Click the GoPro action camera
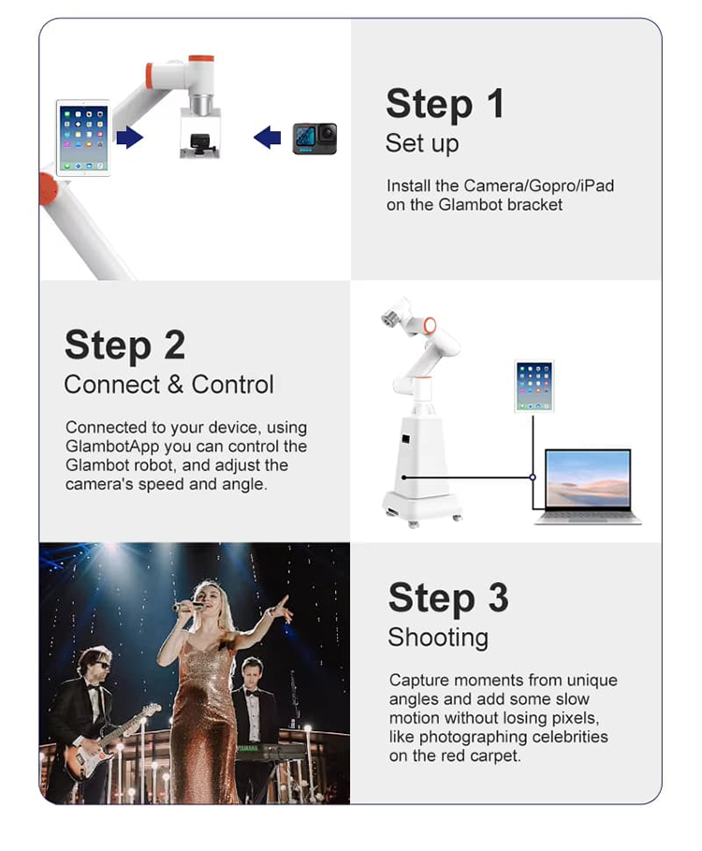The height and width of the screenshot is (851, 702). (314, 139)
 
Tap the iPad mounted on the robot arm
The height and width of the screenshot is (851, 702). (83, 138)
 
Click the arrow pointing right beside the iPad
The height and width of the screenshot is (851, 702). (130, 138)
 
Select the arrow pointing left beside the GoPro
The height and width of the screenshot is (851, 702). (267, 138)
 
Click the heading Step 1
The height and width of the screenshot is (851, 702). (445, 103)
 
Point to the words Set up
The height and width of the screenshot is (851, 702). (422, 143)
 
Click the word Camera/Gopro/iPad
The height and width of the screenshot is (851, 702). (539, 185)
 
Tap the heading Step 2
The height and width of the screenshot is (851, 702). (124, 345)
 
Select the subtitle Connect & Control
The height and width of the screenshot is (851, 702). (168, 384)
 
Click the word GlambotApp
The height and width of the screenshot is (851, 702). (112, 447)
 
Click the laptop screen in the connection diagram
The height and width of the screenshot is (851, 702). (588, 478)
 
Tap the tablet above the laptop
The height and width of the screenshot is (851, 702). (534, 386)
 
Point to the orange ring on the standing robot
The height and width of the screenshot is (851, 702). (430, 325)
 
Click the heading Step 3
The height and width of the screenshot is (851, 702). (448, 597)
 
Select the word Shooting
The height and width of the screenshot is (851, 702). (438, 638)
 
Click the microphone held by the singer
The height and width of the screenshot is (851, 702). (188, 607)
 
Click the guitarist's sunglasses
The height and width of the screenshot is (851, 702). (102, 665)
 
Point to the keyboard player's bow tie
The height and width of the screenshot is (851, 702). (252, 693)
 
